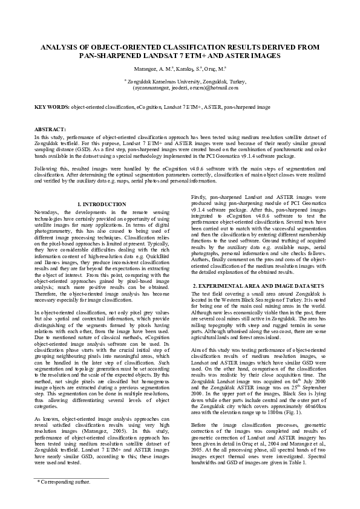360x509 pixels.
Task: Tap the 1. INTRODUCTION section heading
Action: click(x=102, y=205)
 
